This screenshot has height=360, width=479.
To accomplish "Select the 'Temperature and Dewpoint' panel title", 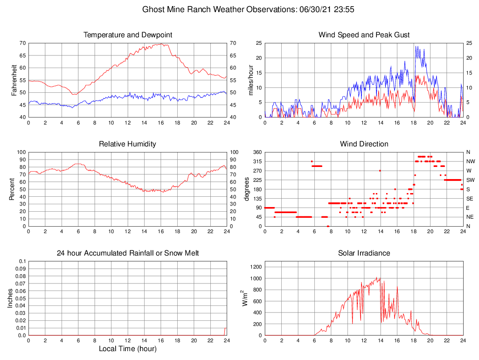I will pos(128,35).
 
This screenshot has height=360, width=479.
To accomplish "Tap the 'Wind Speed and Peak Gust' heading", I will pos(364,35).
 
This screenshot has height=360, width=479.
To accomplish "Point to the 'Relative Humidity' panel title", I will pos(128,144).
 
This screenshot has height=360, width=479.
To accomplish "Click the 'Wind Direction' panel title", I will pos(364,144).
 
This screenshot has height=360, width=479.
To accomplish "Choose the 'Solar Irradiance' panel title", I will pos(364,253).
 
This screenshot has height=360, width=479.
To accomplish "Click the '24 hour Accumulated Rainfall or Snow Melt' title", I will pos(128,253).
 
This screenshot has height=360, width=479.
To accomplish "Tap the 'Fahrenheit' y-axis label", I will pos(14,80).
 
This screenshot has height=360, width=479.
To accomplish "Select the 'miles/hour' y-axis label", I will pos(250,80).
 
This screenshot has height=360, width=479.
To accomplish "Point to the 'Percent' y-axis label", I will pos(13,189).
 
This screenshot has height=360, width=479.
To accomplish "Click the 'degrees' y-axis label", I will pos(247,189).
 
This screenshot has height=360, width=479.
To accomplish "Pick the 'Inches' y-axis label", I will pos(10,298).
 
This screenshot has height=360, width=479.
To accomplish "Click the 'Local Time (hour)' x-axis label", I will pos(128,349).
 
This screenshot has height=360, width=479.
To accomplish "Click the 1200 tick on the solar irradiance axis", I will pos(255,267).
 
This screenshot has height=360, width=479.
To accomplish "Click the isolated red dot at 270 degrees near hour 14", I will pos(380,171).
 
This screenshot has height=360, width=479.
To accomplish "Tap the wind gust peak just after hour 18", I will pos(416,46).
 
